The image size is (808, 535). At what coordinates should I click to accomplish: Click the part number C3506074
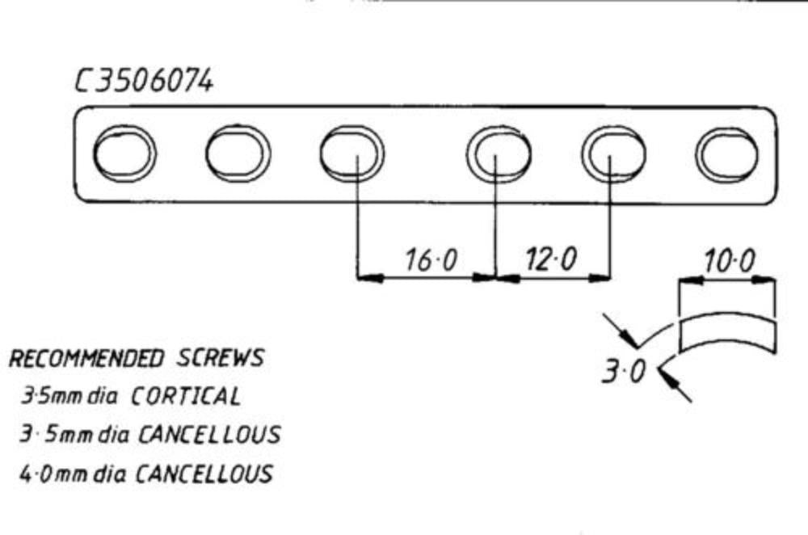pos(144,82)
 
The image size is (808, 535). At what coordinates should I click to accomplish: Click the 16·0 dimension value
pos(431,259)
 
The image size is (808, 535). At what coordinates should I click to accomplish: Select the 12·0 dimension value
pos(551,259)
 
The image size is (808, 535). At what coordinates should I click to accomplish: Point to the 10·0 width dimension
pos(730,261)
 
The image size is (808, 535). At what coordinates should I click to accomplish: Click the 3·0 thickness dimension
pos(624,371)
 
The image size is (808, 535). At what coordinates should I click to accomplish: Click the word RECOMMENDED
pos(86,359)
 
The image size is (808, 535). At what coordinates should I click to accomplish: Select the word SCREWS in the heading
pos(221,358)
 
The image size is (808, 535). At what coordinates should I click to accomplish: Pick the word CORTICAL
pos(186,396)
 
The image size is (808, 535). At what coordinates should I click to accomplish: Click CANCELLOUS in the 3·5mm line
pos(209,435)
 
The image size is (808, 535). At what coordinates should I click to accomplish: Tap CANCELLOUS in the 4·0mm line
pos(204,474)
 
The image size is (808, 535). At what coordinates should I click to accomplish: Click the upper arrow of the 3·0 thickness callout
pos(621,330)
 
